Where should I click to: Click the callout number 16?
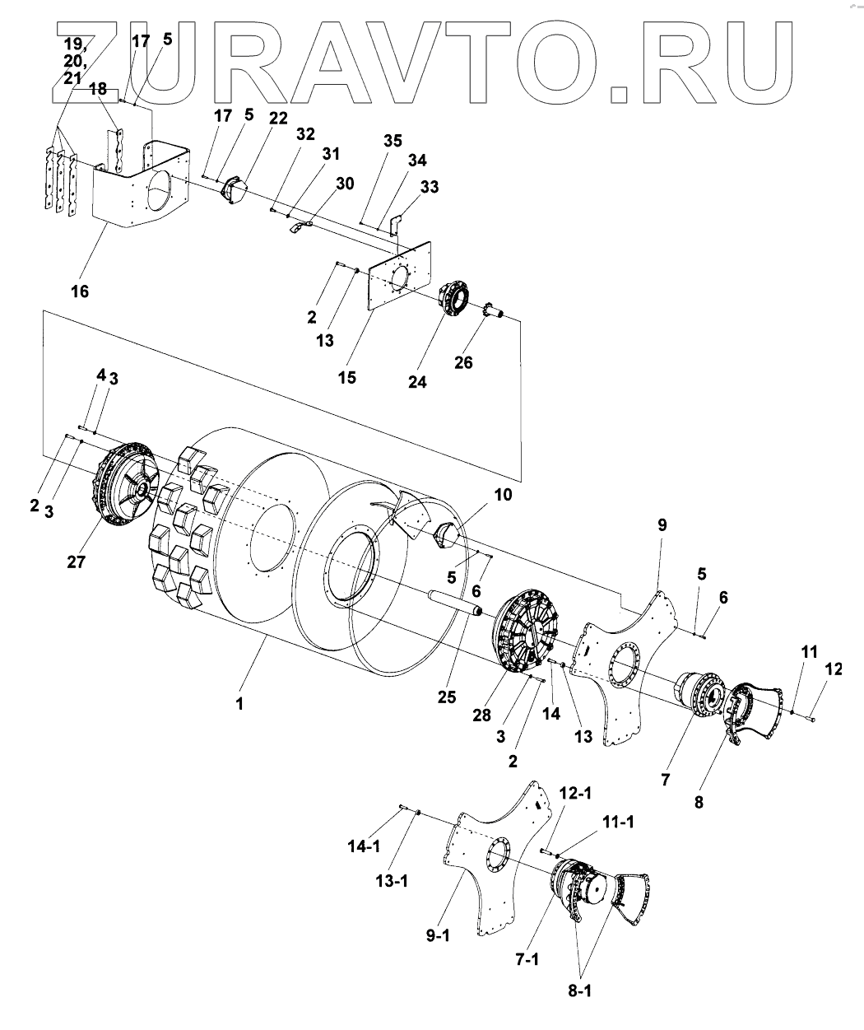point(79,291)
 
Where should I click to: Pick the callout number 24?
point(418,382)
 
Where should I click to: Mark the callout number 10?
point(502,495)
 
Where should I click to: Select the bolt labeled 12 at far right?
point(811,720)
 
